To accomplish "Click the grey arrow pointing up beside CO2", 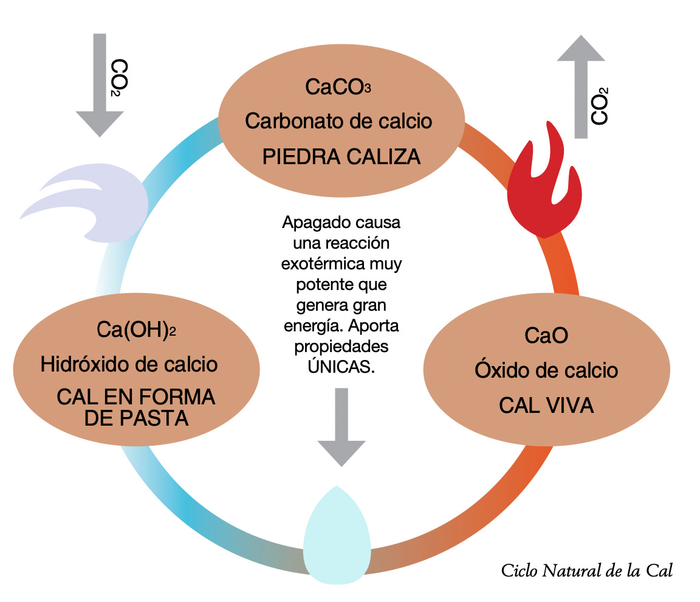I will [x=582, y=85].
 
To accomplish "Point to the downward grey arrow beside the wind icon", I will [x=100, y=82].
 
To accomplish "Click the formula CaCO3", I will [x=338, y=87].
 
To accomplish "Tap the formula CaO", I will [x=546, y=335].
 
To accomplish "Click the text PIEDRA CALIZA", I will [x=341, y=157].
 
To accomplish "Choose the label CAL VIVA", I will [x=546, y=406].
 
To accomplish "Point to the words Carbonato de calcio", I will [x=338, y=121].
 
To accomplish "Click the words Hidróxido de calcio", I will [x=129, y=365].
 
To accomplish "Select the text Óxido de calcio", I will [x=546, y=370].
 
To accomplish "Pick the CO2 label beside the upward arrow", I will [x=599, y=107].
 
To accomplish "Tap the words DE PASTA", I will [x=136, y=418].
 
